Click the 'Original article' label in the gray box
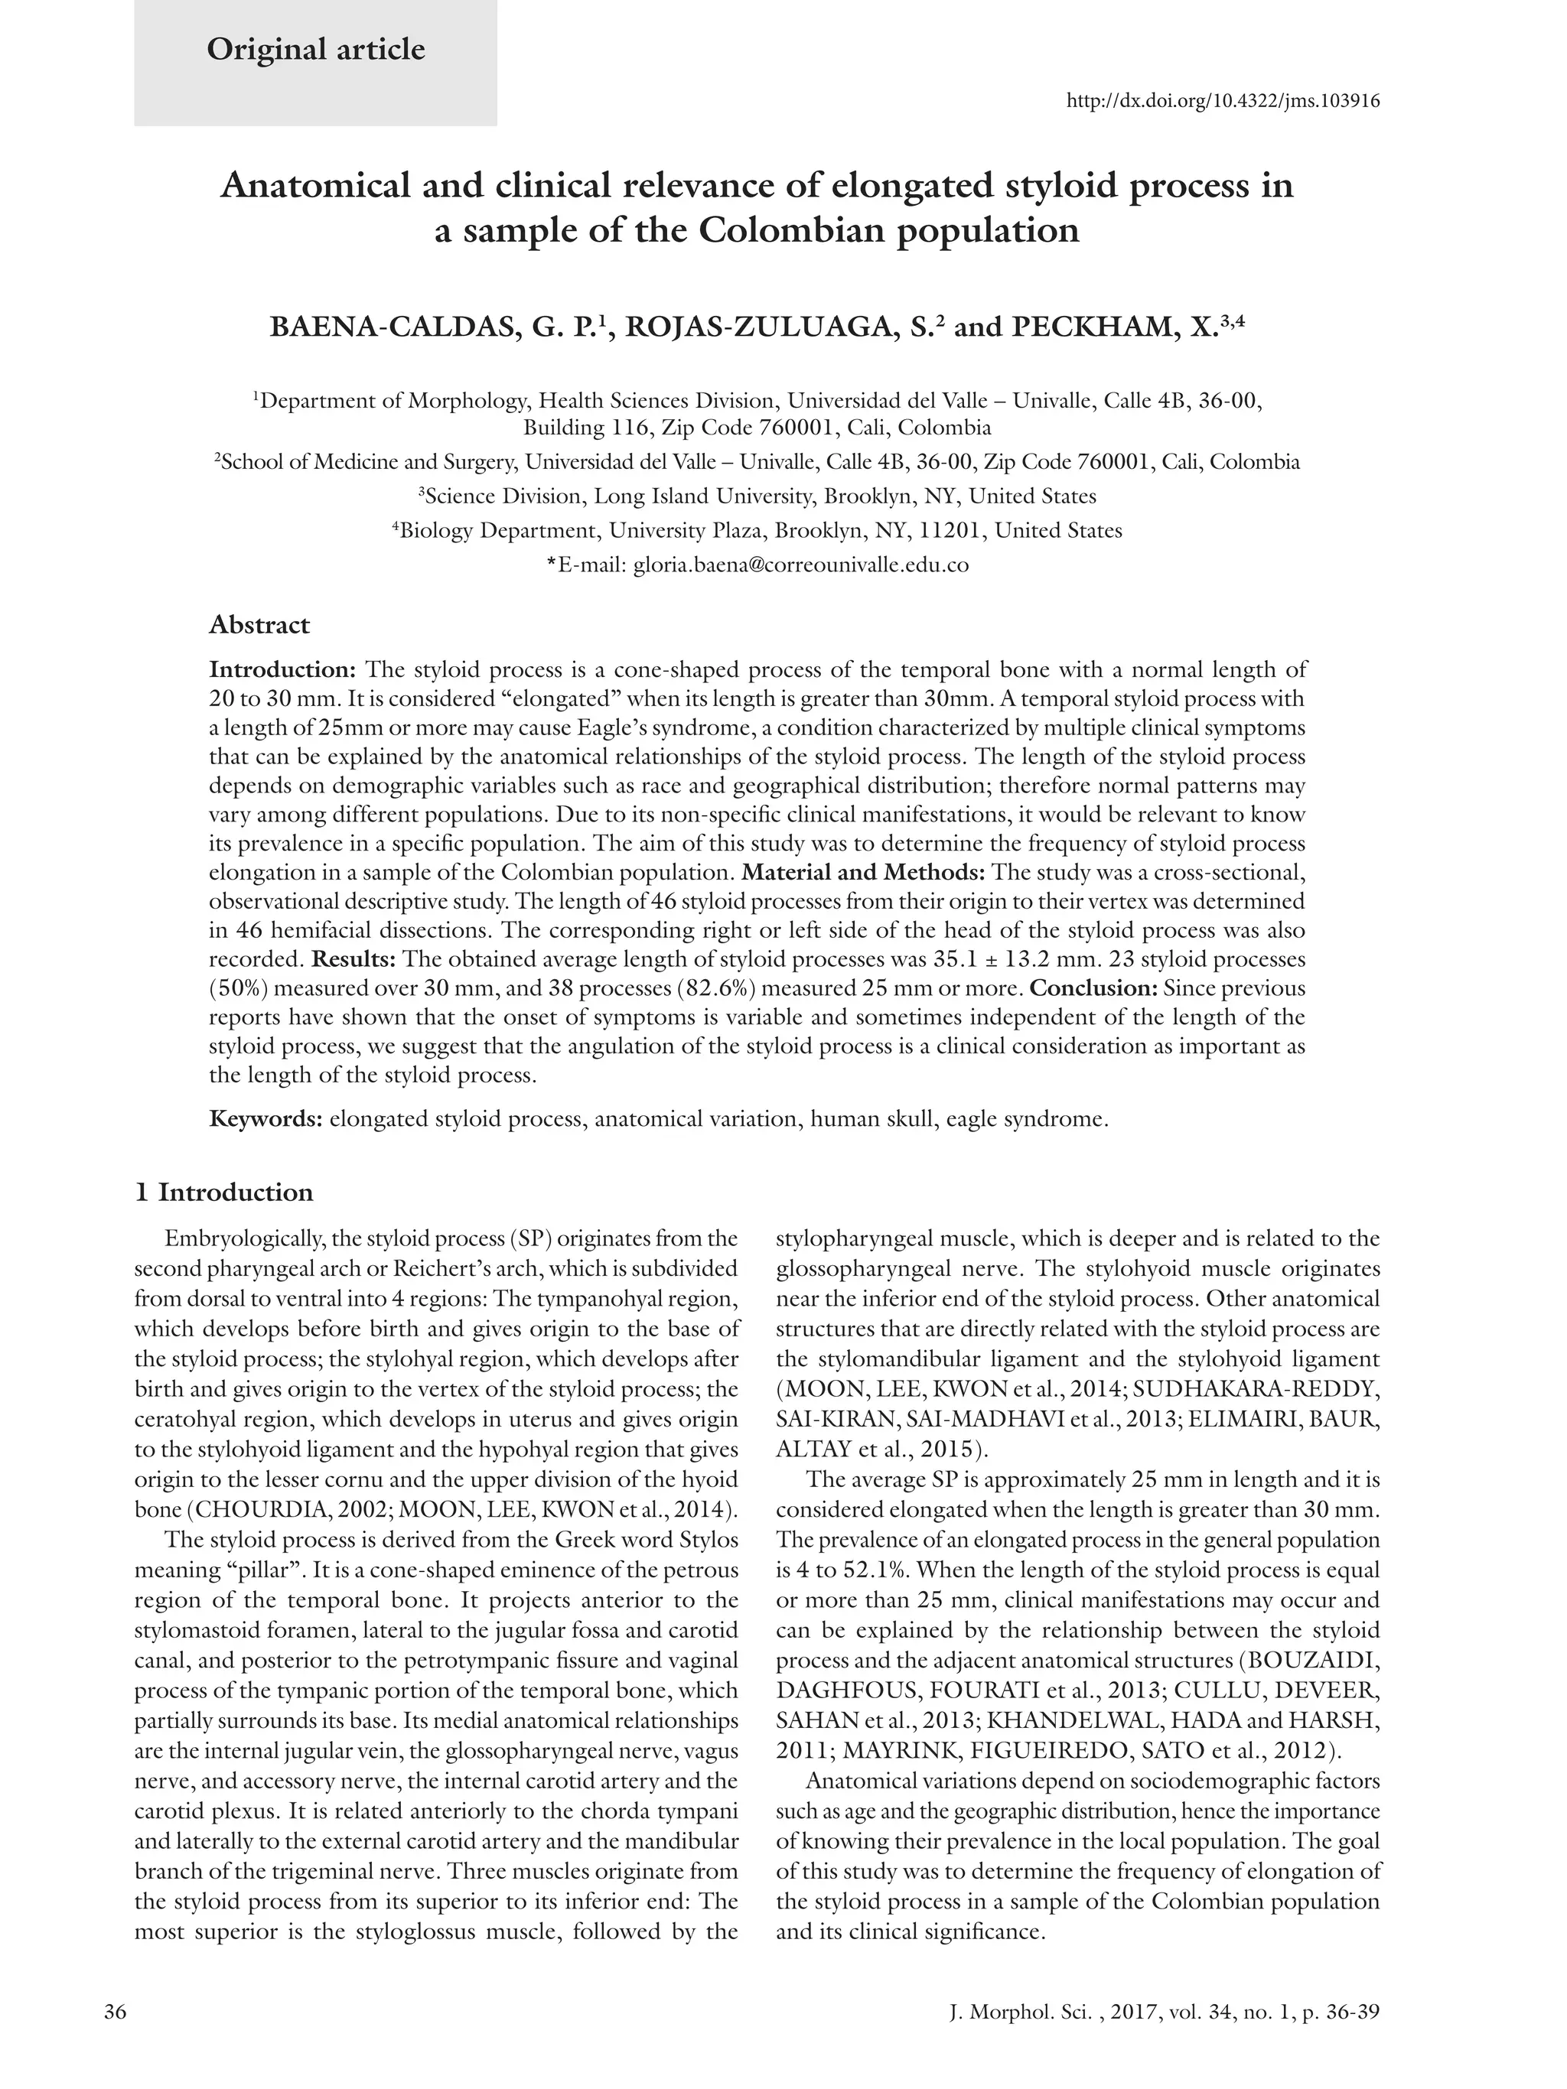[x=315, y=49]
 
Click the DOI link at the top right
[x=1222, y=101]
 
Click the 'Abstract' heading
[x=259, y=624]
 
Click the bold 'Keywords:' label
[x=266, y=1119]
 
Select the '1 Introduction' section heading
[x=224, y=1193]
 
